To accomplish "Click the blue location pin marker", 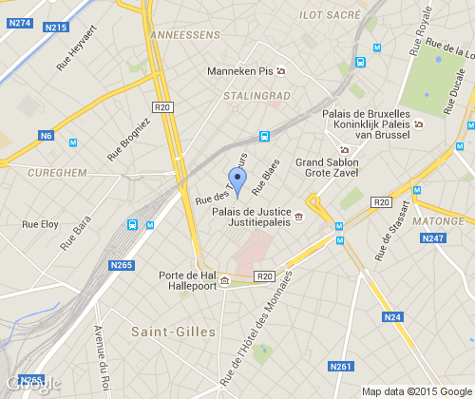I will (237, 178).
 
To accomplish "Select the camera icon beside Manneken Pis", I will (280, 70).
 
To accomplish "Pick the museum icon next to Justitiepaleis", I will (299, 218).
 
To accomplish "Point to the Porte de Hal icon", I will (224, 281).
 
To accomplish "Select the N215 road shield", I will (55, 28).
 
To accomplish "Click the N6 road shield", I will (46, 136).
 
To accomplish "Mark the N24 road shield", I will (391, 316).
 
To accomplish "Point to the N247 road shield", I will (433, 237).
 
